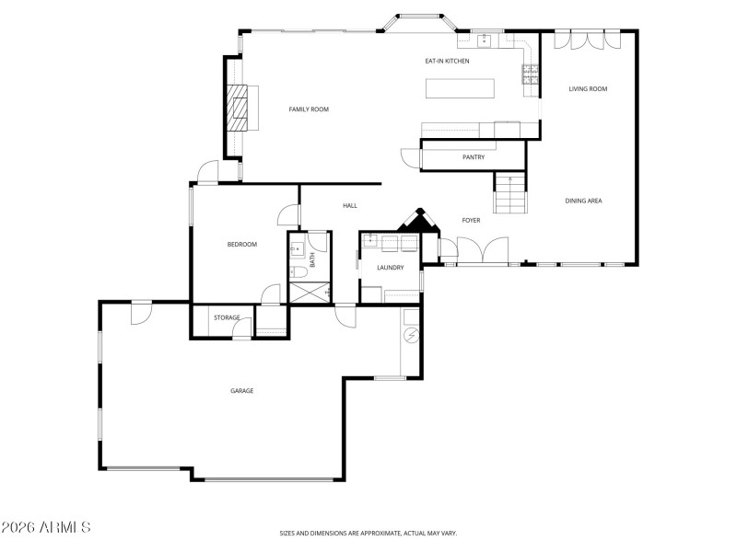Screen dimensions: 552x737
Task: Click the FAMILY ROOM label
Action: (309, 109)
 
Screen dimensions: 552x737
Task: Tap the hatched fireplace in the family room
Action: (239, 109)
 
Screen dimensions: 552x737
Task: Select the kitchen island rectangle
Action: (460, 88)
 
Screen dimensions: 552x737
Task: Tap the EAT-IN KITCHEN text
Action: (447, 61)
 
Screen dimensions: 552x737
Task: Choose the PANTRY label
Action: (474, 157)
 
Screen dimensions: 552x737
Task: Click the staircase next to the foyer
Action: (509, 193)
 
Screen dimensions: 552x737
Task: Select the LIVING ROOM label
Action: (588, 89)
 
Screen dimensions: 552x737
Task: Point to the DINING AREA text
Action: (583, 201)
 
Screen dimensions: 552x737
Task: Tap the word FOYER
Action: (471, 220)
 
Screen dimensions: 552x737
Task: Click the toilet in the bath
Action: (298, 272)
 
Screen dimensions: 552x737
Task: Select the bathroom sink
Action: (298, 248)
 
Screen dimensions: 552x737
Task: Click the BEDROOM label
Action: (241, 244)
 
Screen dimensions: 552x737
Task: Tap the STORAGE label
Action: (227, 317)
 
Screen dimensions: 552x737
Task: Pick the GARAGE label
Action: (241, 391)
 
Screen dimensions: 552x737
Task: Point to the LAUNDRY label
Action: (391, 268)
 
